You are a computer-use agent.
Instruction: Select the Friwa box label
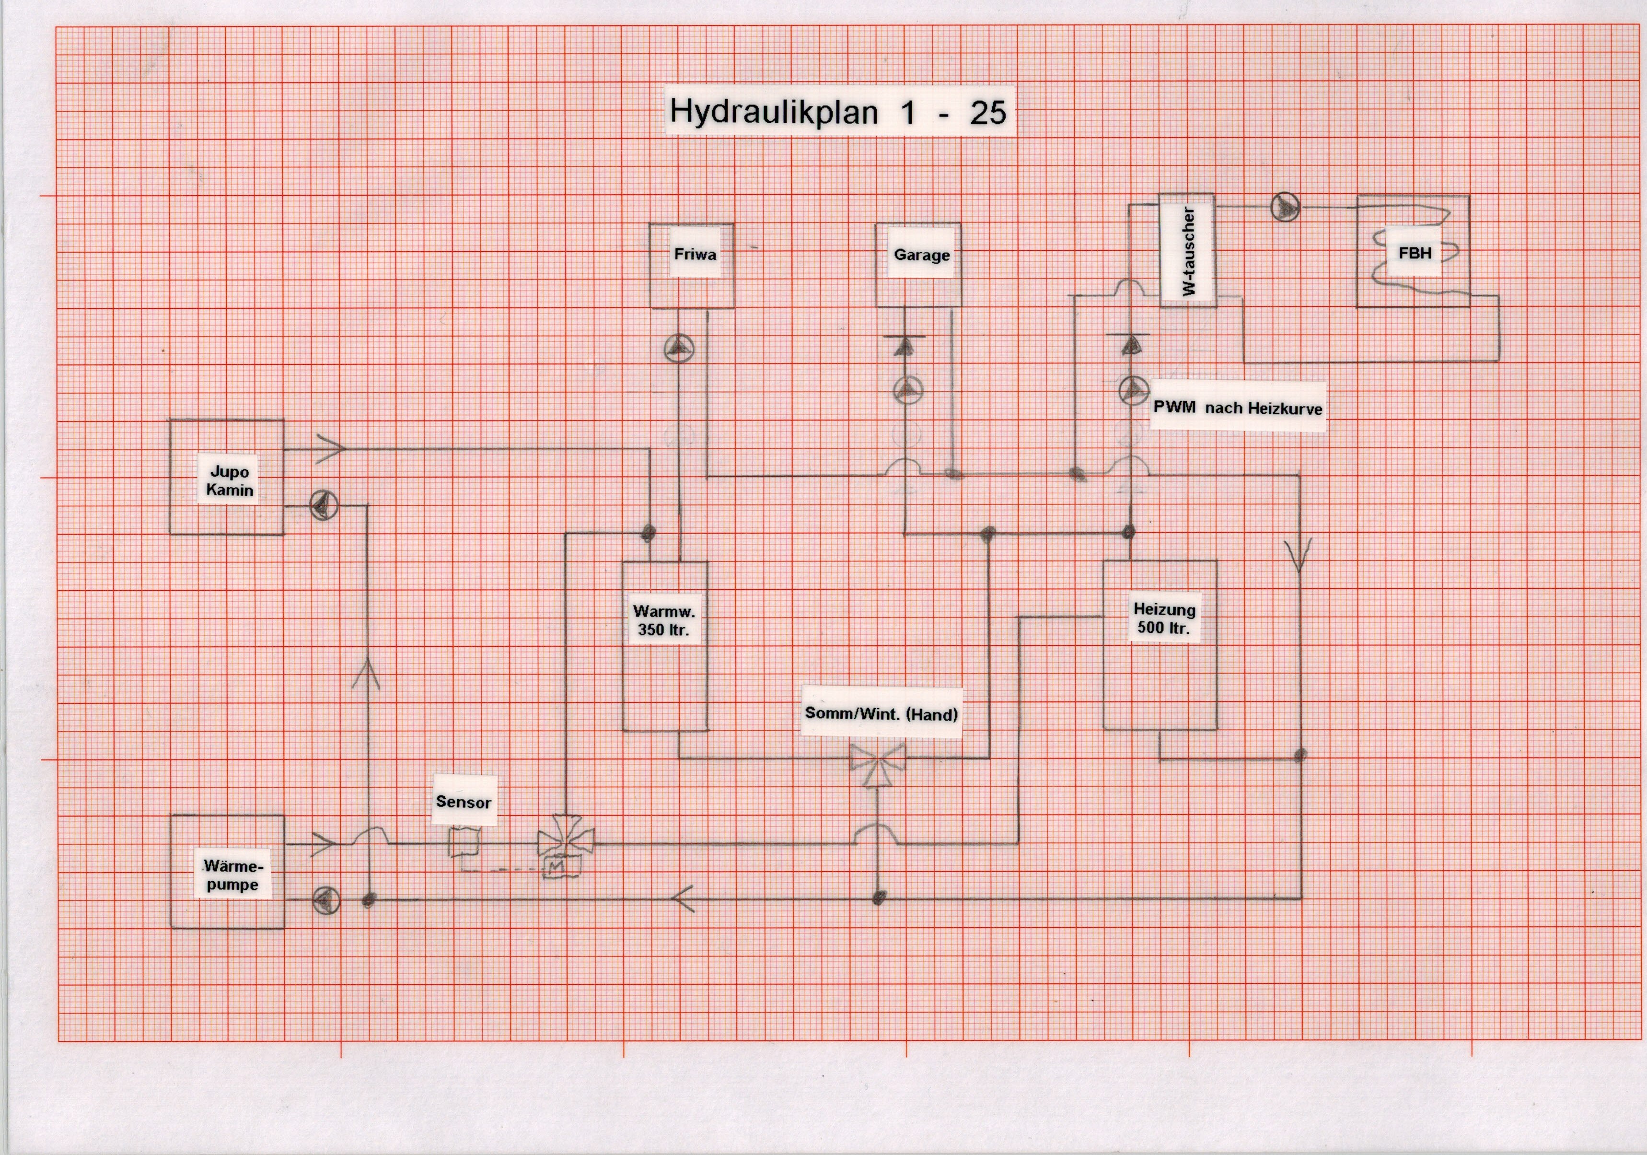point(695,254)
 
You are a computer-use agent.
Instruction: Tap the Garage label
point(921,255)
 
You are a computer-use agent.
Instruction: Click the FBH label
point(1414,253)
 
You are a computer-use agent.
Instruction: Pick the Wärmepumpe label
point(232,875)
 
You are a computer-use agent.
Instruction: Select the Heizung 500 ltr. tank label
point(1163,619)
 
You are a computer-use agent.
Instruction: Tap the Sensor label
point(464,801)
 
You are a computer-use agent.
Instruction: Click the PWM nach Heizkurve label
point(1237,408)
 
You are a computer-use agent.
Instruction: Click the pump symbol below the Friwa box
point(679,350)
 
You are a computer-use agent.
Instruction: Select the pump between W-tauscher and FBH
point(1285,207)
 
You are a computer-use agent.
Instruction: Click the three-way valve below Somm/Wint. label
point(877,763)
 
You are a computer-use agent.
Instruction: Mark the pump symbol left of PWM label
point(1133,389)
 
